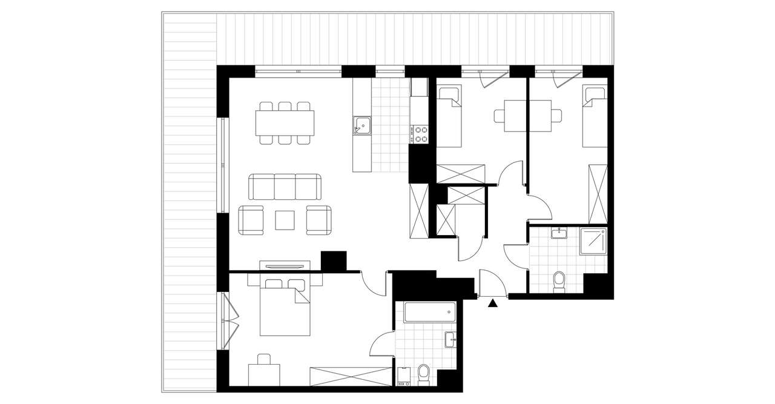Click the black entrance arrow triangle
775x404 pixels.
tap(493, 303)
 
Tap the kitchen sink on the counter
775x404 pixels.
tap(362, 125)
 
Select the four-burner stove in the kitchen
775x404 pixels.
tap(419, 134)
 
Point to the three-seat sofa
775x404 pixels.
tap(285, 187)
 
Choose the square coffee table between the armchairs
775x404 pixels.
tap(285, 220)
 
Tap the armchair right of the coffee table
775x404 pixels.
tap(318, 220)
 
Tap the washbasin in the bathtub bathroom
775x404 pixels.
tap(450, 340)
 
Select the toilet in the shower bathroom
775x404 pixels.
tap(559, 281)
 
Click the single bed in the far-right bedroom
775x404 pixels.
tap(595, 116)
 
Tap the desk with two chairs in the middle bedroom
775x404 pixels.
tap(527, 115)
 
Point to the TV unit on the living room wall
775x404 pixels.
tap(285, 266)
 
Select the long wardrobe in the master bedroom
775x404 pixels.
tap(350, 376)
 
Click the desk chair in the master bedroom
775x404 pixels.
tap(265, 362)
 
